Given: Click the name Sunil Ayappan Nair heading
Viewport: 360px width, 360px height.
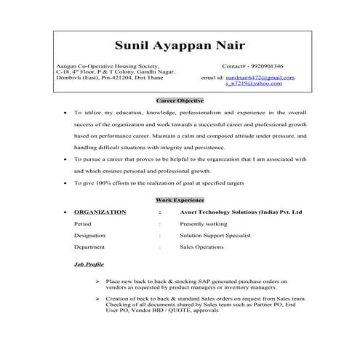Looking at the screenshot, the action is [x=180, y=47].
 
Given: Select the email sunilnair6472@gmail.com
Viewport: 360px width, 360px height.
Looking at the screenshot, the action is [x=259, y=77].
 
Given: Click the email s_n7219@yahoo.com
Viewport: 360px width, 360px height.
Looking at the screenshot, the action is [x=254, y=84].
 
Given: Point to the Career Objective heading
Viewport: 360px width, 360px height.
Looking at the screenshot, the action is [x=180, y=100].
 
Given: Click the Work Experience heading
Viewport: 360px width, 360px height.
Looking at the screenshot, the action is [x=180, y=199].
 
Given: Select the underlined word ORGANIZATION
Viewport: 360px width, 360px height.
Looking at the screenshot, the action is [x=100, y=212].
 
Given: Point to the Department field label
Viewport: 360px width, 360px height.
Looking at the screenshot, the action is [x=89, y=247].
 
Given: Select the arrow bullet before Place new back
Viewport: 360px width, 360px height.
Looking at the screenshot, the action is [x=97, y=280].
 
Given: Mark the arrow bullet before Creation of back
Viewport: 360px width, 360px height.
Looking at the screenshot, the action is [x=97, y=299].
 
